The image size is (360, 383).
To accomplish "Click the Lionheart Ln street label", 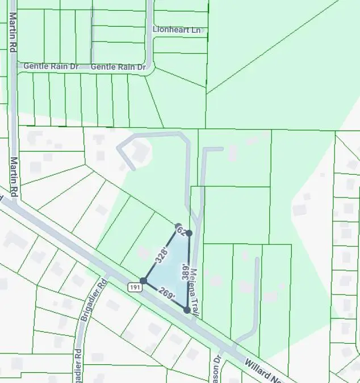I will click(177, 30).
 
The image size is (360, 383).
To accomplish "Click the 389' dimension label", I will click(184, 272).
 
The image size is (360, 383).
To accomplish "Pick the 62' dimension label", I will click(182, 230).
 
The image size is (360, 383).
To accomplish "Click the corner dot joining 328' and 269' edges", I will click(144, 280).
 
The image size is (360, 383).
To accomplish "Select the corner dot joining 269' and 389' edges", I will click(187, 310).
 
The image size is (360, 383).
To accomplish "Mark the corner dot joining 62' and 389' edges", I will click(189, 233).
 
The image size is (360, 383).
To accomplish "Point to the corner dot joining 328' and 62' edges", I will click(178, 226).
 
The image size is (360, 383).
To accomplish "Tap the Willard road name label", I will click(264, 369).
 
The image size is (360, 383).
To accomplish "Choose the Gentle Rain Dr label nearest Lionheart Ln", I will click(118, 67).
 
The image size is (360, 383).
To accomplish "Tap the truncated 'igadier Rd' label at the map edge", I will click(78, 363).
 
